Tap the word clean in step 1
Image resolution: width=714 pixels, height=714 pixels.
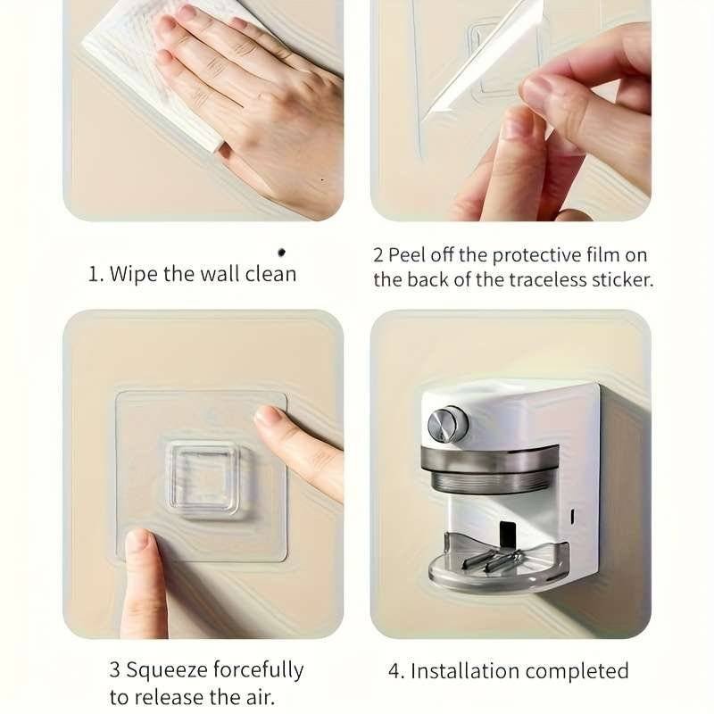point(270,274)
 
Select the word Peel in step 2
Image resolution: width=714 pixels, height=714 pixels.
point(408,254)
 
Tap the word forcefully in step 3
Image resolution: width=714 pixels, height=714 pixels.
point(258,671)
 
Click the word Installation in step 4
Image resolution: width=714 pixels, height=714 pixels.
point(465,671)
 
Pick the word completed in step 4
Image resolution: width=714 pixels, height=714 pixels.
point(577,672)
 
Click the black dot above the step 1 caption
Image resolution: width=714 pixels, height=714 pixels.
point(281,252)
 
